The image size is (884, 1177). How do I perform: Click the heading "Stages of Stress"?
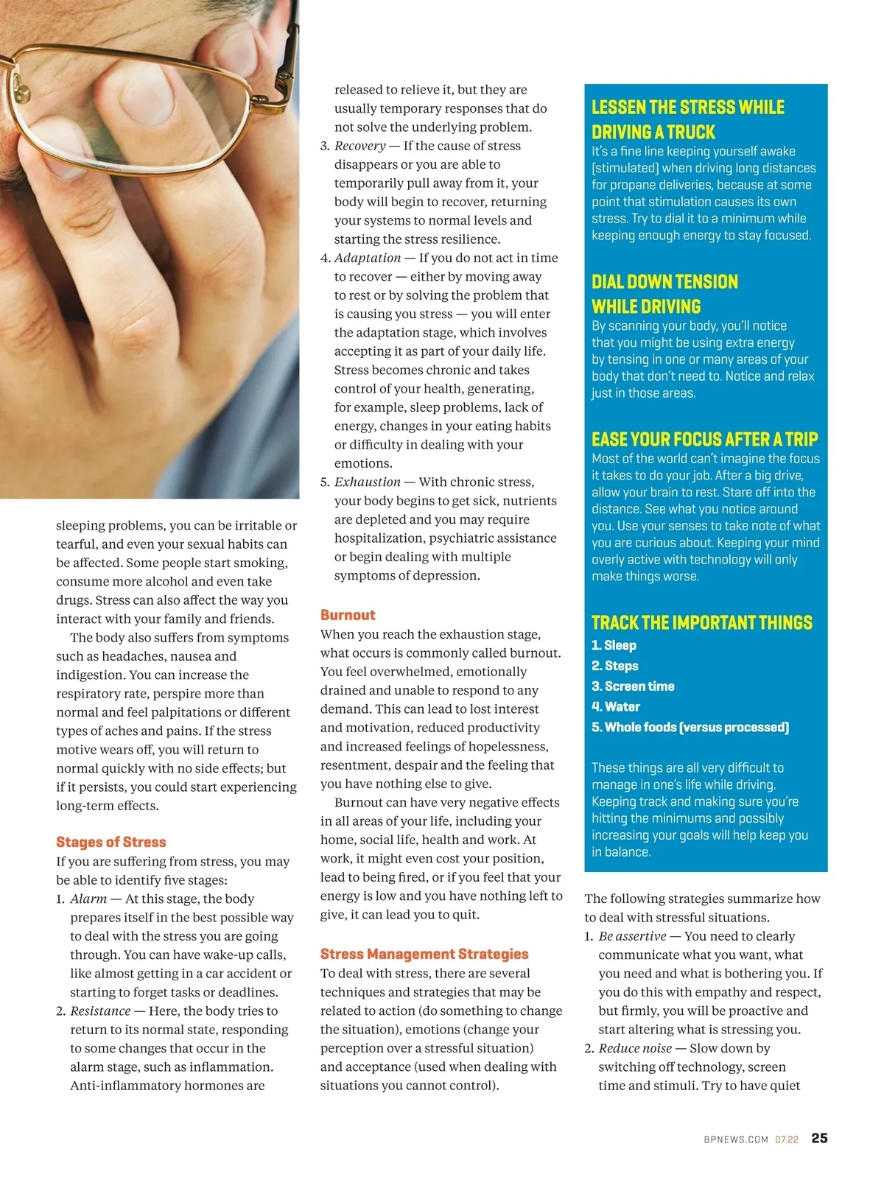(111, 842)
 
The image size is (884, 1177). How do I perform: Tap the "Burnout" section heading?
(348, 615)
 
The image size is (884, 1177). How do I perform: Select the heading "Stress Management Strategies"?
(424, 954)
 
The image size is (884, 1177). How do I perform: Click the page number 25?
(819, 1138)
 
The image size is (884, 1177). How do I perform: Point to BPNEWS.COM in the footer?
(736, 1139)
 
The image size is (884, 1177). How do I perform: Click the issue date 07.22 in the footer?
(787, 1139)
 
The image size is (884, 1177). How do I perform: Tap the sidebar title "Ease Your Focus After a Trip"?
(704, 440)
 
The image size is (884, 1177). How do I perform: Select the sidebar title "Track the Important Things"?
(701, 623)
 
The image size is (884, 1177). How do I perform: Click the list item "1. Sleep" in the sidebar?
(614, 645)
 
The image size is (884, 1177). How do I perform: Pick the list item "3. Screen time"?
(633, 686)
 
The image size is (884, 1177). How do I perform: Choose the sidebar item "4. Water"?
(616, 707)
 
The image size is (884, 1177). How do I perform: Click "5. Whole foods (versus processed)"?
(690, 728)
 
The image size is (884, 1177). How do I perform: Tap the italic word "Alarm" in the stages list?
(88, 899)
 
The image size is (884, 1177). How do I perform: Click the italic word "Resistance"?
(100, 1011)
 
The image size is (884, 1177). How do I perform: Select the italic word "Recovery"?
(360, 146)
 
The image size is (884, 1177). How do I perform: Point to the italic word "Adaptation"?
(368, 258)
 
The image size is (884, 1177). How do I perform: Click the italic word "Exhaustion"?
(368, 482)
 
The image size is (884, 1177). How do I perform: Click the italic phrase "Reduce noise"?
(635, 1048)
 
